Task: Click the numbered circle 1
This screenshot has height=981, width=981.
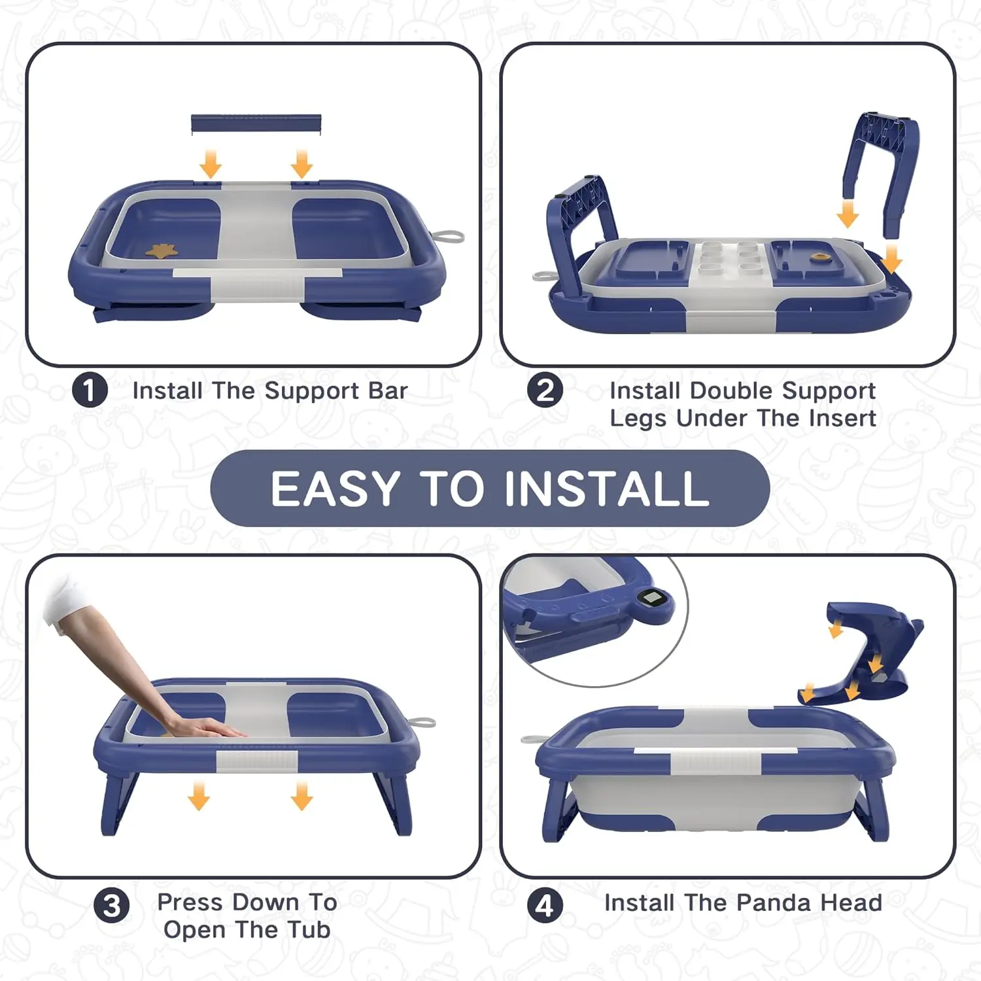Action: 90,390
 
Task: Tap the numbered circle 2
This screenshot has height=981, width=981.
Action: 545,390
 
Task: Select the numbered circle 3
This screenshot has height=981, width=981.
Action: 112,906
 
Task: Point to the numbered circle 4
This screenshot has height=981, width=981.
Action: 545,906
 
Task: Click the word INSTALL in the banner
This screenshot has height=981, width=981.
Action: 607,489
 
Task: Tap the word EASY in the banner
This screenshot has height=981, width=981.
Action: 336,489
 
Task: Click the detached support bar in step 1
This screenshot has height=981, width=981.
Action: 256,124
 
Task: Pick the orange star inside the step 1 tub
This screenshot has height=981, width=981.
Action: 160,250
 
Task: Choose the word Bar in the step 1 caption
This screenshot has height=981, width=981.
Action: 388,390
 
